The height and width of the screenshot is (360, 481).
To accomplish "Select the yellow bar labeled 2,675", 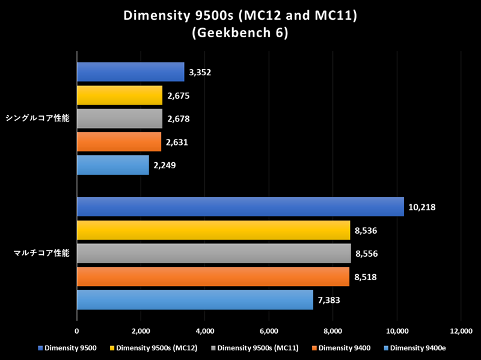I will pos(120,96).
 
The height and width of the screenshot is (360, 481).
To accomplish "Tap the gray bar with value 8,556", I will pos(214,253).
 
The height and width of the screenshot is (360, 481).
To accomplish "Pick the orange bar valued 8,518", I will pos(213,276).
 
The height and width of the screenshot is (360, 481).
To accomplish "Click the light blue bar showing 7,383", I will pos(195,300).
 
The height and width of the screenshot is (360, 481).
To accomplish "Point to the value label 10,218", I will pos(421,207).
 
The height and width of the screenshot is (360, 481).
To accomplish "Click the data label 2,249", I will pos(165,165).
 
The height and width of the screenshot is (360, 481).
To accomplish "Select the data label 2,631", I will pos(177,142).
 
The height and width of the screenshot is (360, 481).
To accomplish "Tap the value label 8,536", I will pos(367,230).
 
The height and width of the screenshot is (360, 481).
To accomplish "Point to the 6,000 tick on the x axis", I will pos(269,331).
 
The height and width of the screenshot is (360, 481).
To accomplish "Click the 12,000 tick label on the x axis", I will pos(461,331).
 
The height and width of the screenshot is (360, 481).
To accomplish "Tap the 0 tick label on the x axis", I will pos(77,331).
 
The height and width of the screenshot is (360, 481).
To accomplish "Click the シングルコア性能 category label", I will pos(38,118).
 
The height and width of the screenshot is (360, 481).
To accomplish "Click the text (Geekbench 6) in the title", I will pos(240,34).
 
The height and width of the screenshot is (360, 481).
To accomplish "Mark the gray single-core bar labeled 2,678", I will pos(120,119).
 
